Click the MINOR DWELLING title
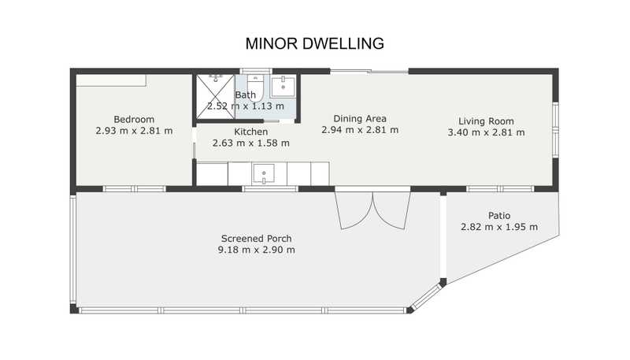coord(314,43)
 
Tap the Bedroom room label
coord(134,119)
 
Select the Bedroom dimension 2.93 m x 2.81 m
coord(134,131)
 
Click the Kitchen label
coord(250,132)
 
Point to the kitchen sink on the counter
coord(264,173)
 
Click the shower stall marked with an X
coord(215,97)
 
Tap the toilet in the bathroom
coord(255,87)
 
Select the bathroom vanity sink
coord(283,86)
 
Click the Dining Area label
coord(360,118)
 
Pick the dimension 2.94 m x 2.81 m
coord(360,130)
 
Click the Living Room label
coord(486,121)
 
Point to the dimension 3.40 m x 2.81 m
coord(486,132)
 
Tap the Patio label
coord(499,216)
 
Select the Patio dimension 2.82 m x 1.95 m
coord(499,227)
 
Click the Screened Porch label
coord(257,239)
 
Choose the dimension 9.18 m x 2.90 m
coord(257,250)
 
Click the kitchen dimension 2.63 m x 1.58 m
coord(250,143)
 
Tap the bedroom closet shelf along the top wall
coord(111,80)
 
